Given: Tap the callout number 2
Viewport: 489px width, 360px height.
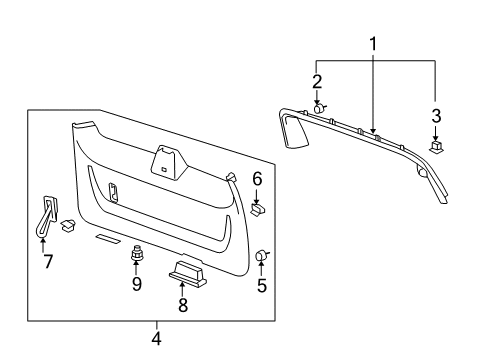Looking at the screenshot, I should pos(316,81).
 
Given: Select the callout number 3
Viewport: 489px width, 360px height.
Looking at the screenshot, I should pos(436,113).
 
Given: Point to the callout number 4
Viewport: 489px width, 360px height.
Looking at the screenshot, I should pos(156,336).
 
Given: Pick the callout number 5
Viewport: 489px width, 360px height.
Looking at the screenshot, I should pos(262,285).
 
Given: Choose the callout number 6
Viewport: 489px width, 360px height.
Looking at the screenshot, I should pos(256,180).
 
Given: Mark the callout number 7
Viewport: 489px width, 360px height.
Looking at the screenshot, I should pos(45,262).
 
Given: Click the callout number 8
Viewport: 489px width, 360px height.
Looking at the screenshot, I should pos(182,305).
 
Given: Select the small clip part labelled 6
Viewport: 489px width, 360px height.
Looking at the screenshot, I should pos(257,209).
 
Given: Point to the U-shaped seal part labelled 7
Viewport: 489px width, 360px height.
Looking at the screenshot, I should pos(47,214).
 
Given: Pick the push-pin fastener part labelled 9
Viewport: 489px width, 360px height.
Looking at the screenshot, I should pos(137,258).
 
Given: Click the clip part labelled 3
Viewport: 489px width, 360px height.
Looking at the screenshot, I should pos(436,145).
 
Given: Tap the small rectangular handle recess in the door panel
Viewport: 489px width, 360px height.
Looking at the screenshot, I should pos(114,191).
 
